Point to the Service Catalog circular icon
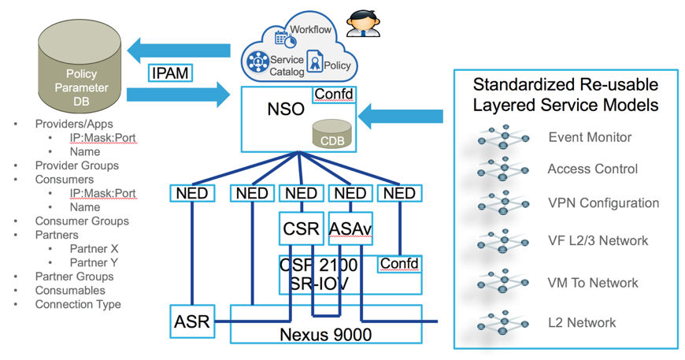click(257, 61)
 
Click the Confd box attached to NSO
click(334, 95)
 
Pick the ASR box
click(191, 321)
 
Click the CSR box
click(300, 230)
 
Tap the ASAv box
click(350, 230)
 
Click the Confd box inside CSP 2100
click(399, 264)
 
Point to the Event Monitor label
click(590, 137)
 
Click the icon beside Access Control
click(502, 169)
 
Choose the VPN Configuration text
click(603, 202)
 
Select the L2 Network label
click(582, 322)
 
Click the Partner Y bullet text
click(94, 262)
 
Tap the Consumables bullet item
click(70, 290)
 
